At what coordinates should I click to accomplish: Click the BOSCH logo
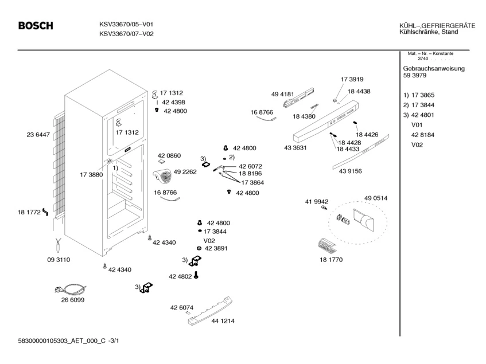(36, 25)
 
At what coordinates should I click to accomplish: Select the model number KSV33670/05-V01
(126, 24)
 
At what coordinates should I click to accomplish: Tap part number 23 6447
(38, 135)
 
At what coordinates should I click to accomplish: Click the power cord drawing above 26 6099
(71, 289)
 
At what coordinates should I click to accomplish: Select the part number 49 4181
(282, 94)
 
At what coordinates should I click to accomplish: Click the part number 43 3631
(296, 148)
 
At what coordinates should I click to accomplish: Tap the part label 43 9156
(350, 171)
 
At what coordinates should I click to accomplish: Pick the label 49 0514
(376, 198)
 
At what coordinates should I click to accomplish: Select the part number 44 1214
(223, 321)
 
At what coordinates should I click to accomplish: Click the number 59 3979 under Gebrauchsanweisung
(415, 75)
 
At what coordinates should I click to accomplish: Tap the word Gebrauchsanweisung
(434, 68)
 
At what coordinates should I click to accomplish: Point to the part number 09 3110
(59, 260)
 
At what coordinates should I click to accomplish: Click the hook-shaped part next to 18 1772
(45, 212)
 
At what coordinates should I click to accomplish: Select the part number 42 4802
(180, 276)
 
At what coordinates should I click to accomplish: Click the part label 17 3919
(352, 79)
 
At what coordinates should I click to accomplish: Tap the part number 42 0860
(169, 156)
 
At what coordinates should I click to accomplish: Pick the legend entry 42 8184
(423, 135)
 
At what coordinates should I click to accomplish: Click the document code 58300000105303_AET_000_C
(62, 341)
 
